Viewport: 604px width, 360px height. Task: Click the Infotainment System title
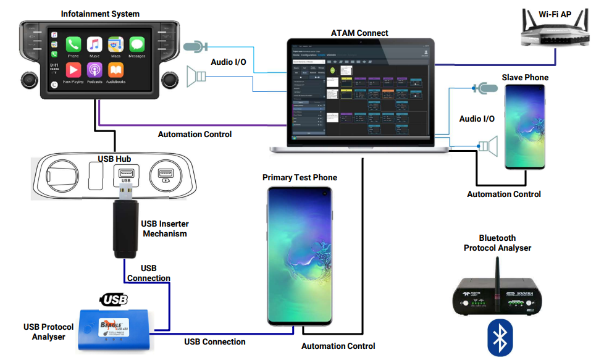(100, 14)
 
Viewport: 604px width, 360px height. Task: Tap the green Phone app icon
(73, 45)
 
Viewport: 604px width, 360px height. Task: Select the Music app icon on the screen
(94, 45)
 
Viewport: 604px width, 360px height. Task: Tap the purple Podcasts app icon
(94, 70)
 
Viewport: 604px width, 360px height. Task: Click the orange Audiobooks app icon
(115, 70)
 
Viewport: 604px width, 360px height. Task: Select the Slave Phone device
(525, 127)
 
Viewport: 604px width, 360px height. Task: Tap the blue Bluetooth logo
(500, 337)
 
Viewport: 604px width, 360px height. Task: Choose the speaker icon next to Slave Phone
(489, 146)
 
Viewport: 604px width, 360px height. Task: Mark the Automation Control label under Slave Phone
(503, 194)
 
